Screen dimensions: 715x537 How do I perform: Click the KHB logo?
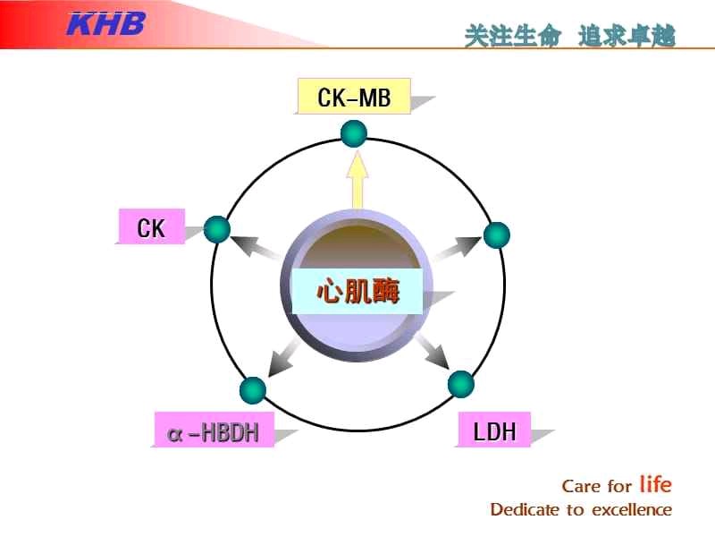[106, 24]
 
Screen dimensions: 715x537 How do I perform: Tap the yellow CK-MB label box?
[354, 96]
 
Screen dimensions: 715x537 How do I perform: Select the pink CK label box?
[152, 226]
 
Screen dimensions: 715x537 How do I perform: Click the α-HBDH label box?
[214, 430]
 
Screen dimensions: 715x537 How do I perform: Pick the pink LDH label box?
[494, 430]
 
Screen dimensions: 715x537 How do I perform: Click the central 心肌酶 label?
[357, 292]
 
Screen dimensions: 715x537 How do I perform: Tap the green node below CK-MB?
[354, 133]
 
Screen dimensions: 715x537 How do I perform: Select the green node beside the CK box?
[217, 229]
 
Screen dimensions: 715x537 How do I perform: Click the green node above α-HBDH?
[253, 391]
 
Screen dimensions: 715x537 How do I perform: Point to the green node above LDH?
[461, 385]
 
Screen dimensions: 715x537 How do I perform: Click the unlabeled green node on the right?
[497, 235]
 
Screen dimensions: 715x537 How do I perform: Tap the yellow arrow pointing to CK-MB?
[357, 181]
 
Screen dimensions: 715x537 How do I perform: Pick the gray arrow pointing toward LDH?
[433, 351]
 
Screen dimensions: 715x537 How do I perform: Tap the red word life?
[656, 484]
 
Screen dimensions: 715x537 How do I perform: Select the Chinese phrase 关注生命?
[513, 36]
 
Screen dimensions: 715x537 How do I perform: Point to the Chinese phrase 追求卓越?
[627, 36]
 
